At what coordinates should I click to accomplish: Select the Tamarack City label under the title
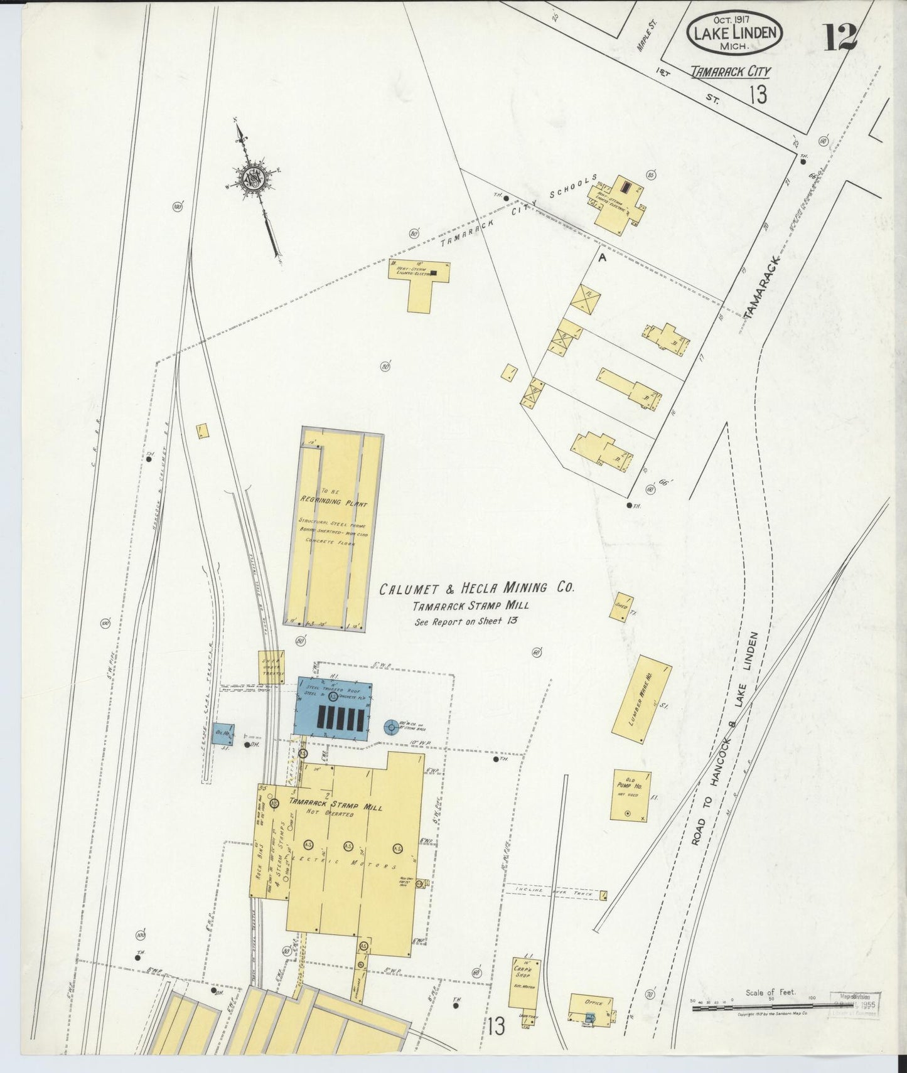tap(730, 72)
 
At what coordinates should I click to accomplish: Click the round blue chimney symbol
tap(391, 727)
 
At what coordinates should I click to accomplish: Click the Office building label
tap(593, 1001)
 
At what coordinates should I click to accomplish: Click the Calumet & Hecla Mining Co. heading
tap(476, 589)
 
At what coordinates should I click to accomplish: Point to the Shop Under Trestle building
tap(272, 666)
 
